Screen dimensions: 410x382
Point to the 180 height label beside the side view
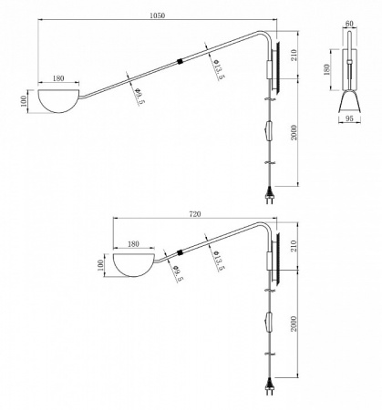[x=330, y=68]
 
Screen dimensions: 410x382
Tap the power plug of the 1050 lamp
[x=271, y=192]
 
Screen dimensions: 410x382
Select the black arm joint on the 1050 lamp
[x=181, y=63]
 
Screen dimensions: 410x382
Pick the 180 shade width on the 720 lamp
[x=134, y=244]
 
